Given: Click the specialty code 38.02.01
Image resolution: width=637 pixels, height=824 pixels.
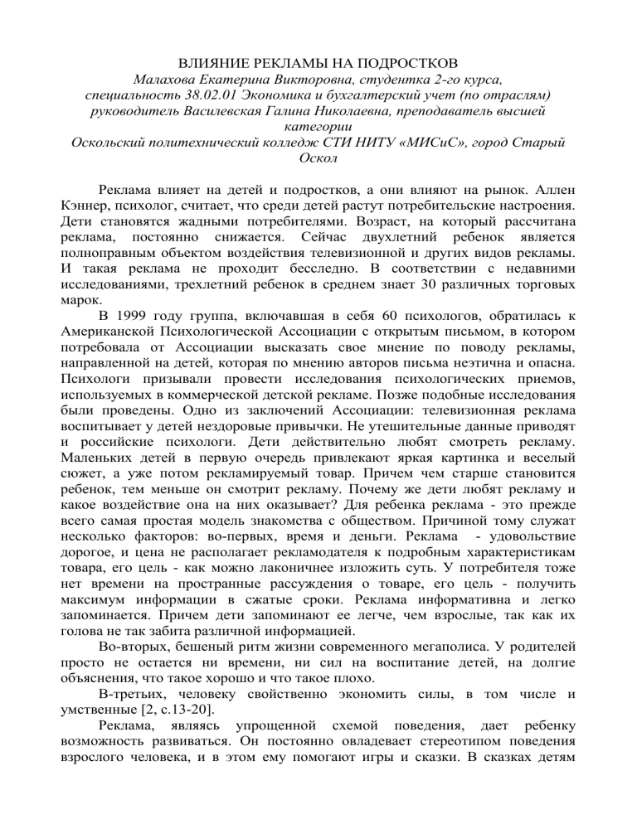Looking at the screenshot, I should [x=203, y=96].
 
